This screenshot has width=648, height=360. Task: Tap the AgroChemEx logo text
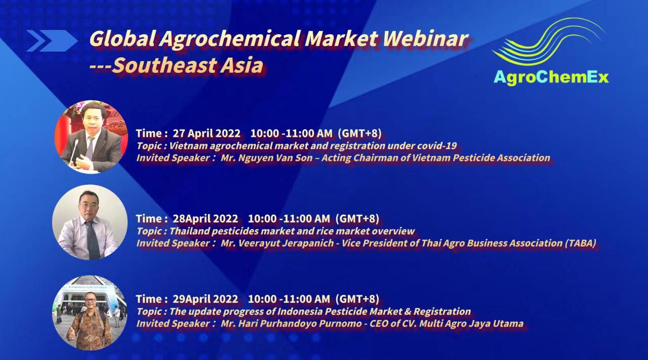point(551,77)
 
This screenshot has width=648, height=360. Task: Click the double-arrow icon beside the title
point(52,41)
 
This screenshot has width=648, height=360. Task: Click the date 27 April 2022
point(207,133)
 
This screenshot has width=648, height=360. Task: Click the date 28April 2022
point(206,219)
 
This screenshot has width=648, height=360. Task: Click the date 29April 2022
point(206,299)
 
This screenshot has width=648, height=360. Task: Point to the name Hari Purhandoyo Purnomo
point(300,324)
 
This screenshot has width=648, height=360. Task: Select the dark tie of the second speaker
point(93,240)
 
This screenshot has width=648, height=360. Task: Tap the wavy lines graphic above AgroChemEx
point(548,42)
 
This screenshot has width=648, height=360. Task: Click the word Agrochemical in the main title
point(230,39)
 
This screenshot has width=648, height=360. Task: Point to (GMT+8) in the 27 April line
point(359,133)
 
